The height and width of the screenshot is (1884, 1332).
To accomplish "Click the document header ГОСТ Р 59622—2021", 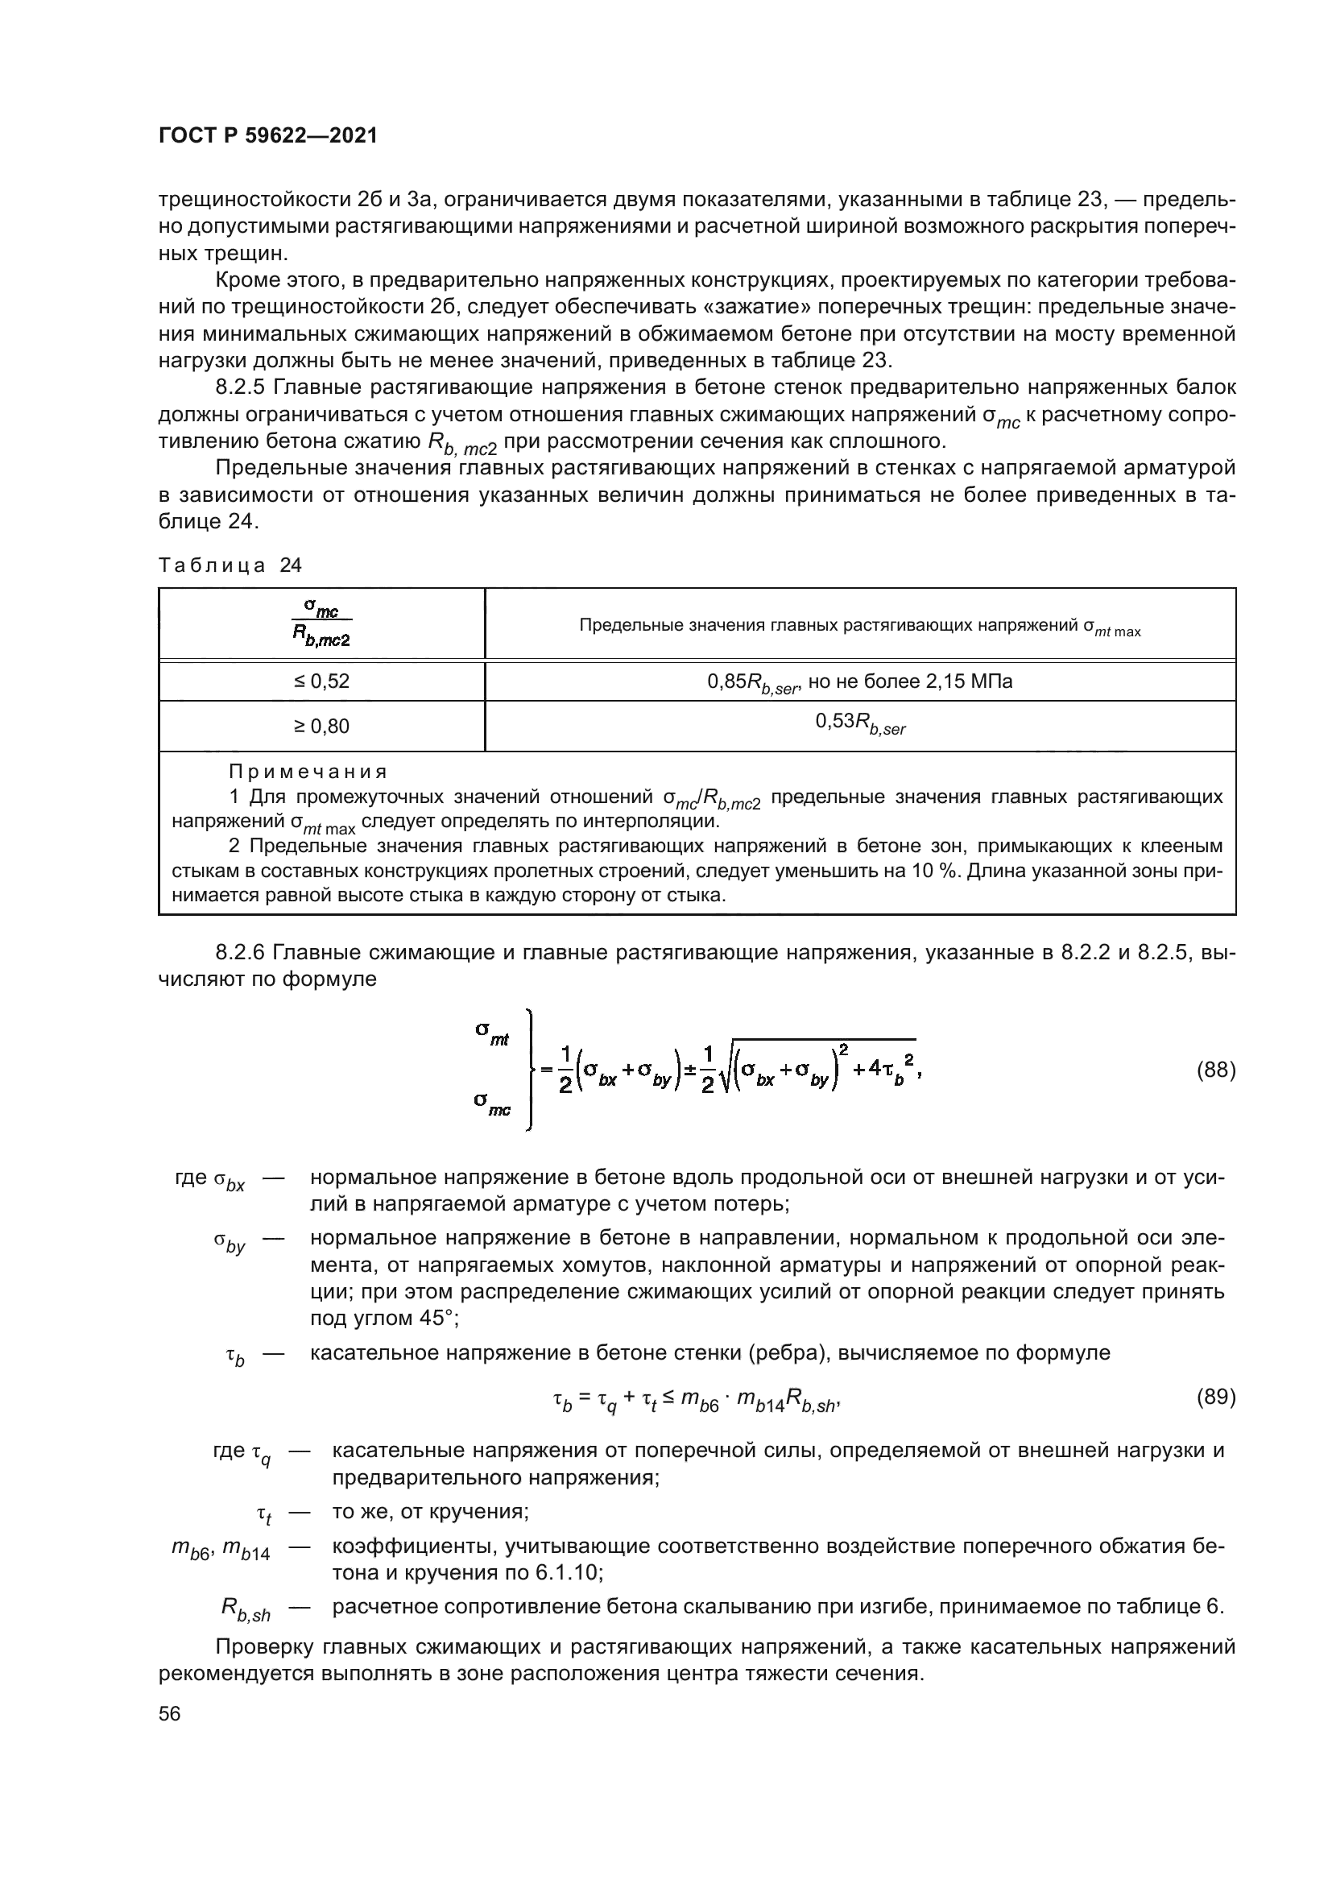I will pos(268,136).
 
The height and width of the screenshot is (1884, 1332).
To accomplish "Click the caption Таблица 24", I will pos(230,565).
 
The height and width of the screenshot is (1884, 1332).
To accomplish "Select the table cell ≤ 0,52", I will pos(321,681).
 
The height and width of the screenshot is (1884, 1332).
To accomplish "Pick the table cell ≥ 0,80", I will pos(321,727).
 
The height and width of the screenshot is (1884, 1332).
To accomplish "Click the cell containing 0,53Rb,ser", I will pos(859,724).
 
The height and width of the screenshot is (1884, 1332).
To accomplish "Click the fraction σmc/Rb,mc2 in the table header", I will pos(322,623).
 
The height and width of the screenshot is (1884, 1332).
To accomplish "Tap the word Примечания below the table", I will pos(308,772).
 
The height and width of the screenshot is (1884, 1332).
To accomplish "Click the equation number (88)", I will pos(1214,1070).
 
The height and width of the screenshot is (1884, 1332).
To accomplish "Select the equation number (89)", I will pos(1214,1397).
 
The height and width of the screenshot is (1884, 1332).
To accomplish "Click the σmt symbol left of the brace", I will pos(492,1033).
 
